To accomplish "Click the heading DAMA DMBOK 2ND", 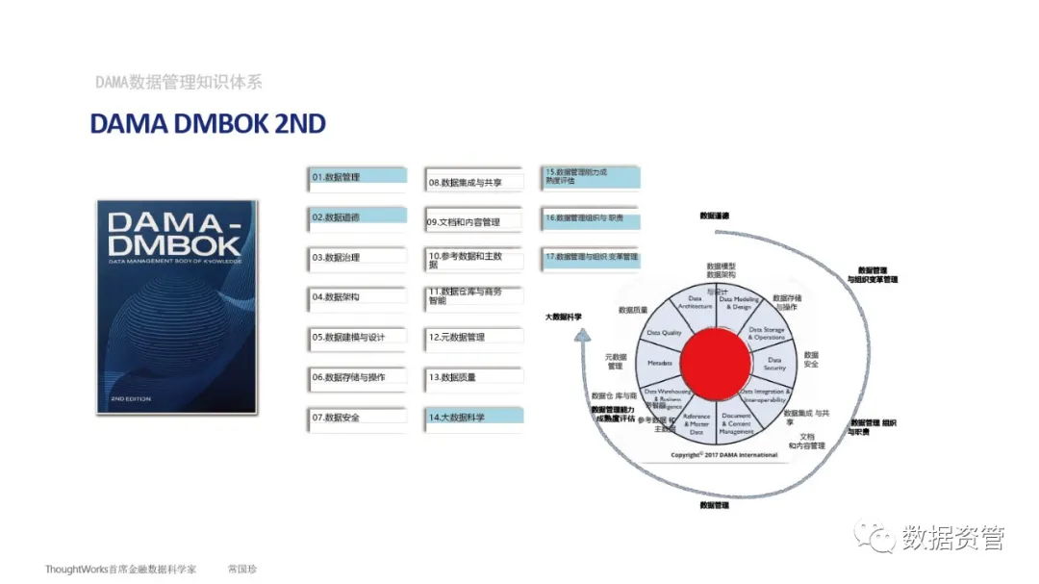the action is click(x=208, y=124).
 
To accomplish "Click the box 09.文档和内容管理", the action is click(x=474, y=221).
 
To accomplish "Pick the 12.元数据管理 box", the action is click(x=474, y=338).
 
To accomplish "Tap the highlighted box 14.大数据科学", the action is click(x=474, y=418).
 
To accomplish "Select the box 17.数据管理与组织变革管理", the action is click(x=592, y=258).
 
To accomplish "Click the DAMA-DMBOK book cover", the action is click(x=177, y=307).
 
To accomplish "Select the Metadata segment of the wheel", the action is click(x=659, y=364).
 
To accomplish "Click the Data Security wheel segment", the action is click(x=774, y=364).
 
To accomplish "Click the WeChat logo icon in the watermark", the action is click(x=875, y=537).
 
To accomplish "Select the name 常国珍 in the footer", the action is click(x=241, y=569).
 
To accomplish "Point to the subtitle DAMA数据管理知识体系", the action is click(x=179, y=83).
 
